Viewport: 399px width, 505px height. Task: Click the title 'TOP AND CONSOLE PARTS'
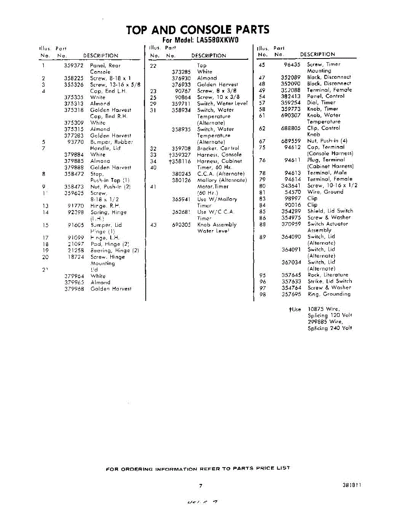[197, 30]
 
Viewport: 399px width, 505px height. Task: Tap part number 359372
[74, 66]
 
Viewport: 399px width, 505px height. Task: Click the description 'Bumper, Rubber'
[111, 142]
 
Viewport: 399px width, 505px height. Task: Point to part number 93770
[76, 142]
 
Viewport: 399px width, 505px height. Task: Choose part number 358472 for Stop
[74, 173]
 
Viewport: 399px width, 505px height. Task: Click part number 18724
[76, 257]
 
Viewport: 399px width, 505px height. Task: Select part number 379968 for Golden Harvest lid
[74, 289]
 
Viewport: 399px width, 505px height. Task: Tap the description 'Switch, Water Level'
[222, 104]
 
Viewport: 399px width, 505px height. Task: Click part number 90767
[183, 90]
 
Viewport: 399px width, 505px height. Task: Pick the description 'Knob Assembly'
[217, 225]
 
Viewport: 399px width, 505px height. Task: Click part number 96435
[292, 64]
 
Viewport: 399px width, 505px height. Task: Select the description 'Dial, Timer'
[321, 102]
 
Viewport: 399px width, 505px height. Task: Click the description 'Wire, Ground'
[325, 192]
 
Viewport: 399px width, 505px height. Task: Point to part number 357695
[291, 294]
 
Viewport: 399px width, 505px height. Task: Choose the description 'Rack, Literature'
[328, 275]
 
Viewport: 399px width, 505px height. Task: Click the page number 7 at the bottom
[201, 486]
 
